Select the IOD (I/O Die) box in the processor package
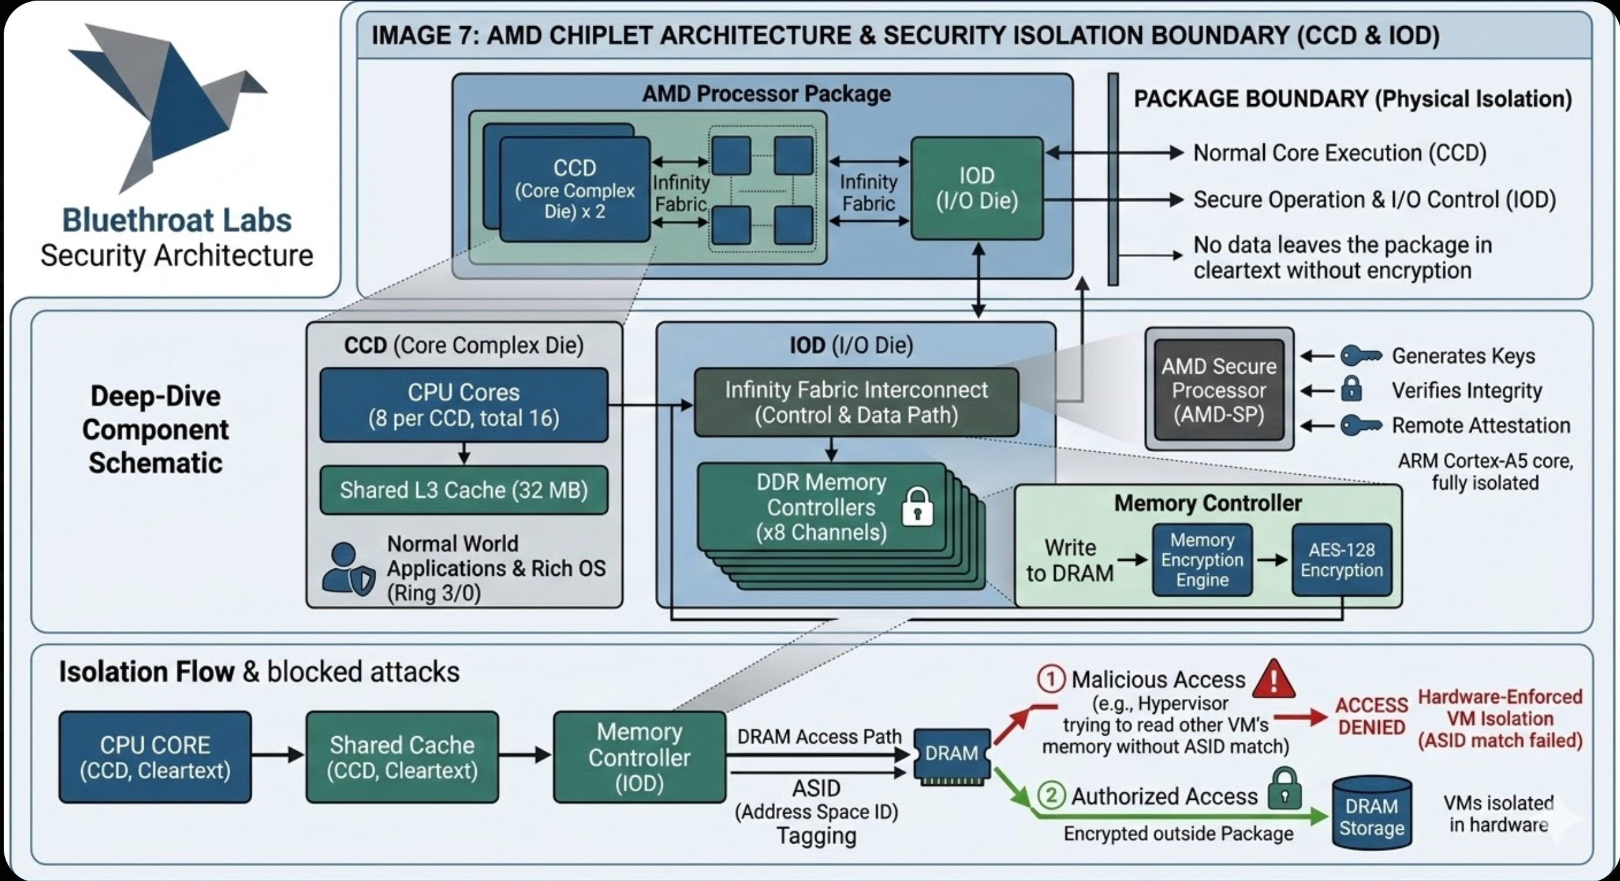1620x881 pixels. point(976,188)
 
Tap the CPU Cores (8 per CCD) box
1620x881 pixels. point(464,405)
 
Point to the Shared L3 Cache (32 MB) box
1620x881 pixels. point(464,490)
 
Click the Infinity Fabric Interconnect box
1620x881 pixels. point(856,402)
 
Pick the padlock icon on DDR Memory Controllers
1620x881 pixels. point(917,507)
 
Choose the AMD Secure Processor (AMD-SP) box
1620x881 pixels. point(1219,390)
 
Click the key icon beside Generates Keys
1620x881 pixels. point(1360,356)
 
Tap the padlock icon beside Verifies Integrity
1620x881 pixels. point(1352,389)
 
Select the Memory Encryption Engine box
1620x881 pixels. point(1202,560)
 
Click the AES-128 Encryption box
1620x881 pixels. point(1342,560)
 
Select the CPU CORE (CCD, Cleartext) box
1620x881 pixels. point(155,757)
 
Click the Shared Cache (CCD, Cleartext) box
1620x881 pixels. point(402,757)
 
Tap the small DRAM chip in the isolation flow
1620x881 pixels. point(952,755)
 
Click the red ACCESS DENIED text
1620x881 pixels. point(1372,716)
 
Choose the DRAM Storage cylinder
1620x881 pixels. point(1372,812)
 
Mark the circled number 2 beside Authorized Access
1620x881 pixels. point(1051,796)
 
